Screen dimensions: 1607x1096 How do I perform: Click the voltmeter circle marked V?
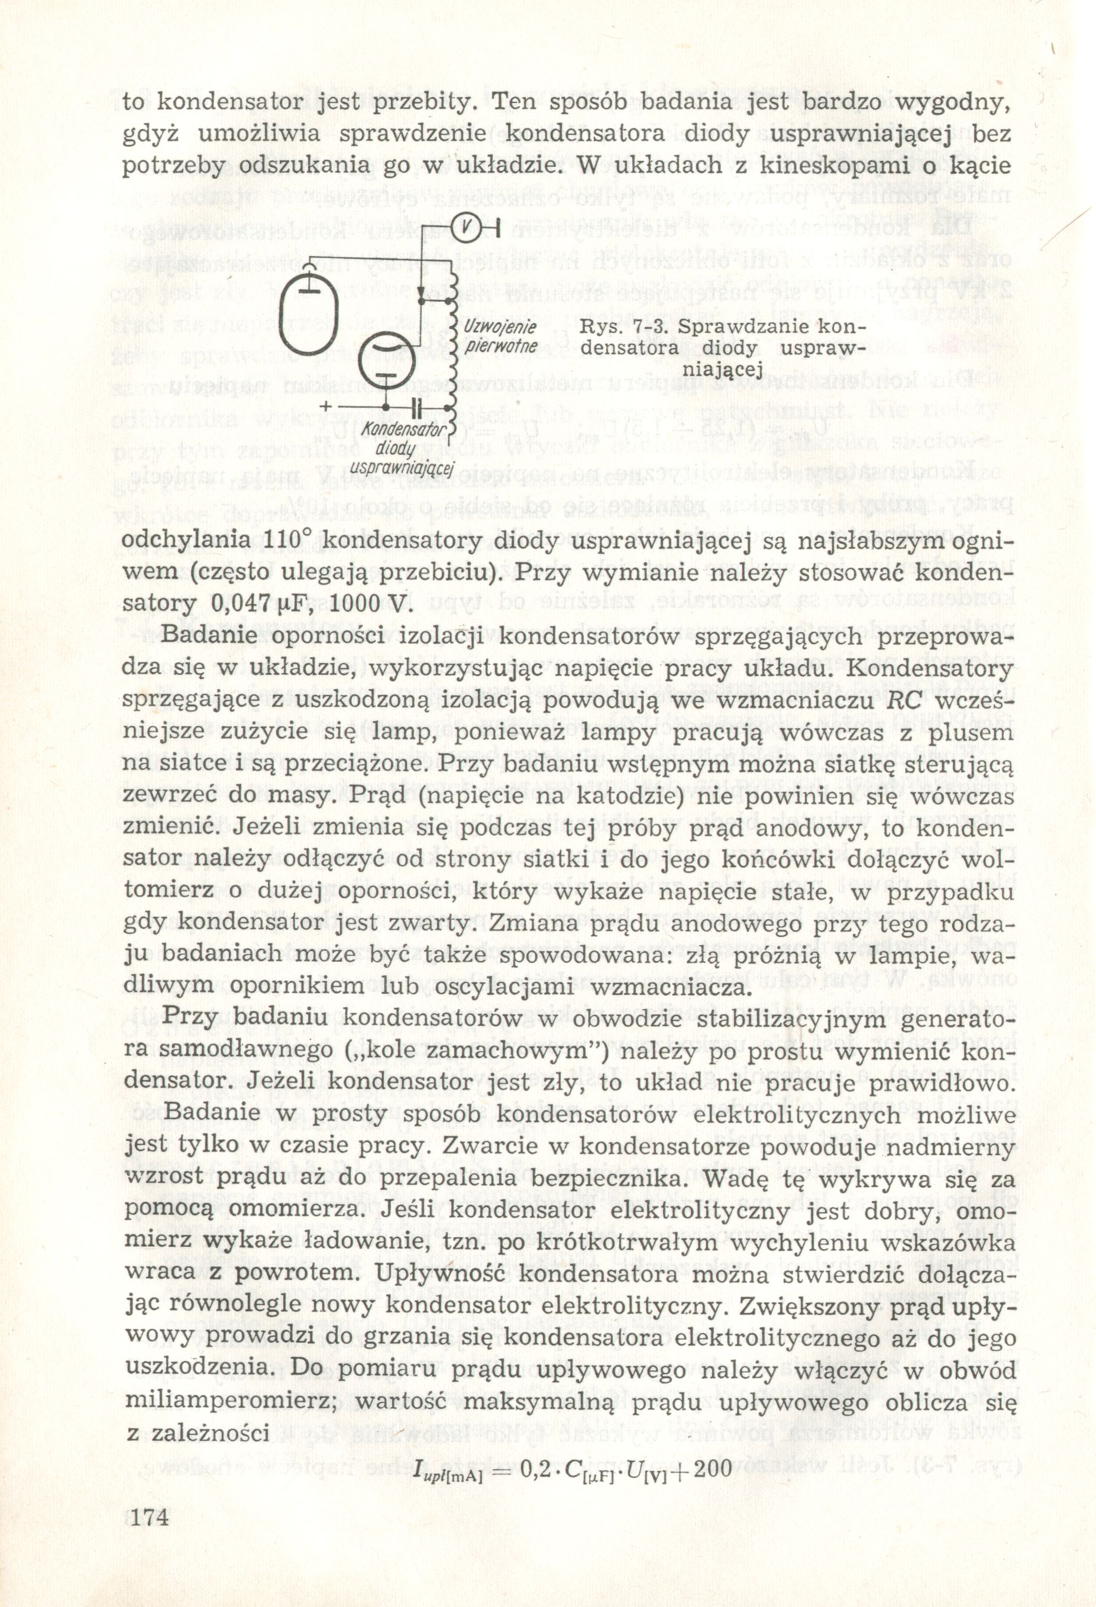(468, 227)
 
